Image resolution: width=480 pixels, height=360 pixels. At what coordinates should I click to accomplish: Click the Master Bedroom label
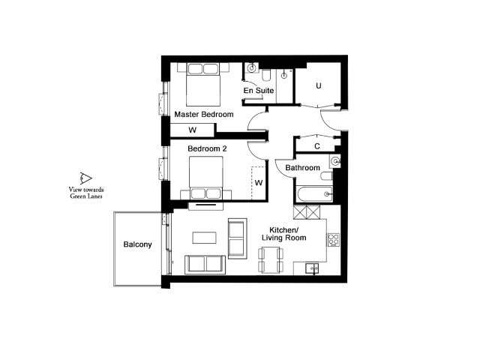pos(204,115)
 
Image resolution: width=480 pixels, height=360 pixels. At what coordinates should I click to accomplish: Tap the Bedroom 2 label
pos(207,148)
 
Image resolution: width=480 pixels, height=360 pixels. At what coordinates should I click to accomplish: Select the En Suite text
pos(259,91)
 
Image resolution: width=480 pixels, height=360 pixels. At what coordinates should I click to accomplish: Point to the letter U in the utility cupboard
pos(319,85)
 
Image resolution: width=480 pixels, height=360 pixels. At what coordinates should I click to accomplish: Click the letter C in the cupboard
pos(317,146)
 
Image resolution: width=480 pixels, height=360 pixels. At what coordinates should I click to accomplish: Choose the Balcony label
pos(137,244)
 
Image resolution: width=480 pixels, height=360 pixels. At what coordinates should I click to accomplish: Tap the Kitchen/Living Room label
pos(283,234)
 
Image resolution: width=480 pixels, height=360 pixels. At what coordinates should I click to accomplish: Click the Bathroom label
pos(302,168)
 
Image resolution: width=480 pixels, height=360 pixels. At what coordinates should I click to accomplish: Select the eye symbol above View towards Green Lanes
pos(85,178)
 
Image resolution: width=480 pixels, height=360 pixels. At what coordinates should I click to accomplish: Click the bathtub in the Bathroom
pos(314,194)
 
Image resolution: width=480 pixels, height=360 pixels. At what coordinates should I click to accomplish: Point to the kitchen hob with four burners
pos(334,240)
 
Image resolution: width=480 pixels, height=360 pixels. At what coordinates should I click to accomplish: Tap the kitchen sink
pos(312,268)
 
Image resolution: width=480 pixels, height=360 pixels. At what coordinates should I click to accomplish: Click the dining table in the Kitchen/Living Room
pos(271,260)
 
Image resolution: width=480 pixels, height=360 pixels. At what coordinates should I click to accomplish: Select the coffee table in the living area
pos(205,238)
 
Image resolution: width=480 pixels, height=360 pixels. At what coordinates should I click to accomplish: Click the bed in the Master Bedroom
pos(203,85)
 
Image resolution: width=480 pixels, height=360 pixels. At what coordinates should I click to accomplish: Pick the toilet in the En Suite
pos(266,75)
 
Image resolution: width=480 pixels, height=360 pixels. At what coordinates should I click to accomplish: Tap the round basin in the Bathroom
pos(336,161)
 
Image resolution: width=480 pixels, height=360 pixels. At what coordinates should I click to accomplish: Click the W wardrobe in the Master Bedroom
pos(192,130)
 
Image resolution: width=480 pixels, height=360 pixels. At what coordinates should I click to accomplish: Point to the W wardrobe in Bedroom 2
pos(259,183)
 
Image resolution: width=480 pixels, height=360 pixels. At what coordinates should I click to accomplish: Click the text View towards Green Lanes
pos(86,193)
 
